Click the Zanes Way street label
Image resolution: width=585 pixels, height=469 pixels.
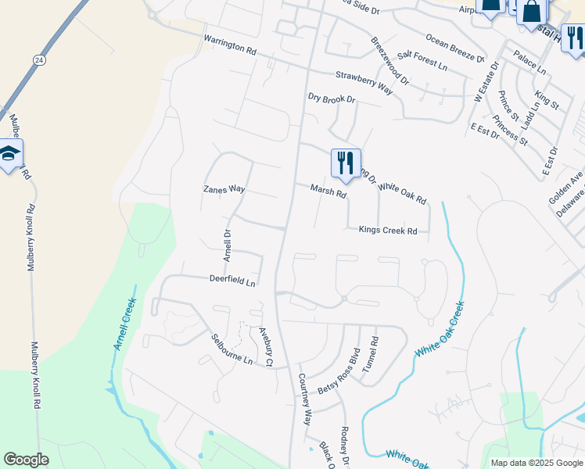coord(224,189)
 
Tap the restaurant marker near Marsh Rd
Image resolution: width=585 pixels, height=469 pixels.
coord(346,163)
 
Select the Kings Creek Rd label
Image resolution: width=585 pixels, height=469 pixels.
coord(388,231)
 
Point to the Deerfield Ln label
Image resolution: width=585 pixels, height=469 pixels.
coord(232,278)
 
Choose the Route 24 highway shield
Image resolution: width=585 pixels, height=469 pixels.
coord(38,59)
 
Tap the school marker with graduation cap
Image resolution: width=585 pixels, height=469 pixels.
coord(9,155)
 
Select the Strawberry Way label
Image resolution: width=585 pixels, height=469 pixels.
coord(364,81)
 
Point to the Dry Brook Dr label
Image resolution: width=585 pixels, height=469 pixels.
coord(332,99)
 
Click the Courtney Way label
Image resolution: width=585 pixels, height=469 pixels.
coord(305,397)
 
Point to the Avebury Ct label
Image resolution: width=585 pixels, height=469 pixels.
coord(264,345)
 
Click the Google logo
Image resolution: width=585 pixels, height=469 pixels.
coord(26,460)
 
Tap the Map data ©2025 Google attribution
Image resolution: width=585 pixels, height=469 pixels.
coord(537,463)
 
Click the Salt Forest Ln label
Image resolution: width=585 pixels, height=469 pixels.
coord(422,60)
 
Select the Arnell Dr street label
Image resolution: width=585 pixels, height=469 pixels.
coord(228,245)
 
